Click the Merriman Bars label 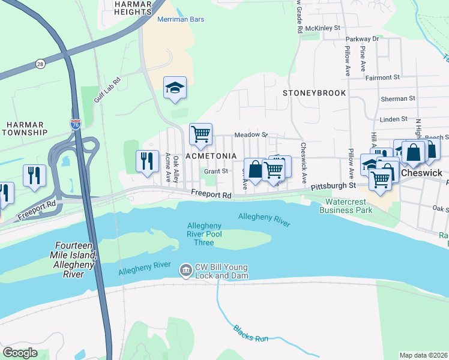(181, 19)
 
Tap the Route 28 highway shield (40, 63)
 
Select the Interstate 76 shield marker (76, 124)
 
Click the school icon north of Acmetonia (175, 88)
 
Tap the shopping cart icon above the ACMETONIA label (200, 134)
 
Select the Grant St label (216, 171)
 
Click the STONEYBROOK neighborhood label (315, 93)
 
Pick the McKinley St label (322, 28)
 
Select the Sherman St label (398, 98)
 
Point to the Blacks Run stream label (251, 334)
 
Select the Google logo (20, 353)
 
